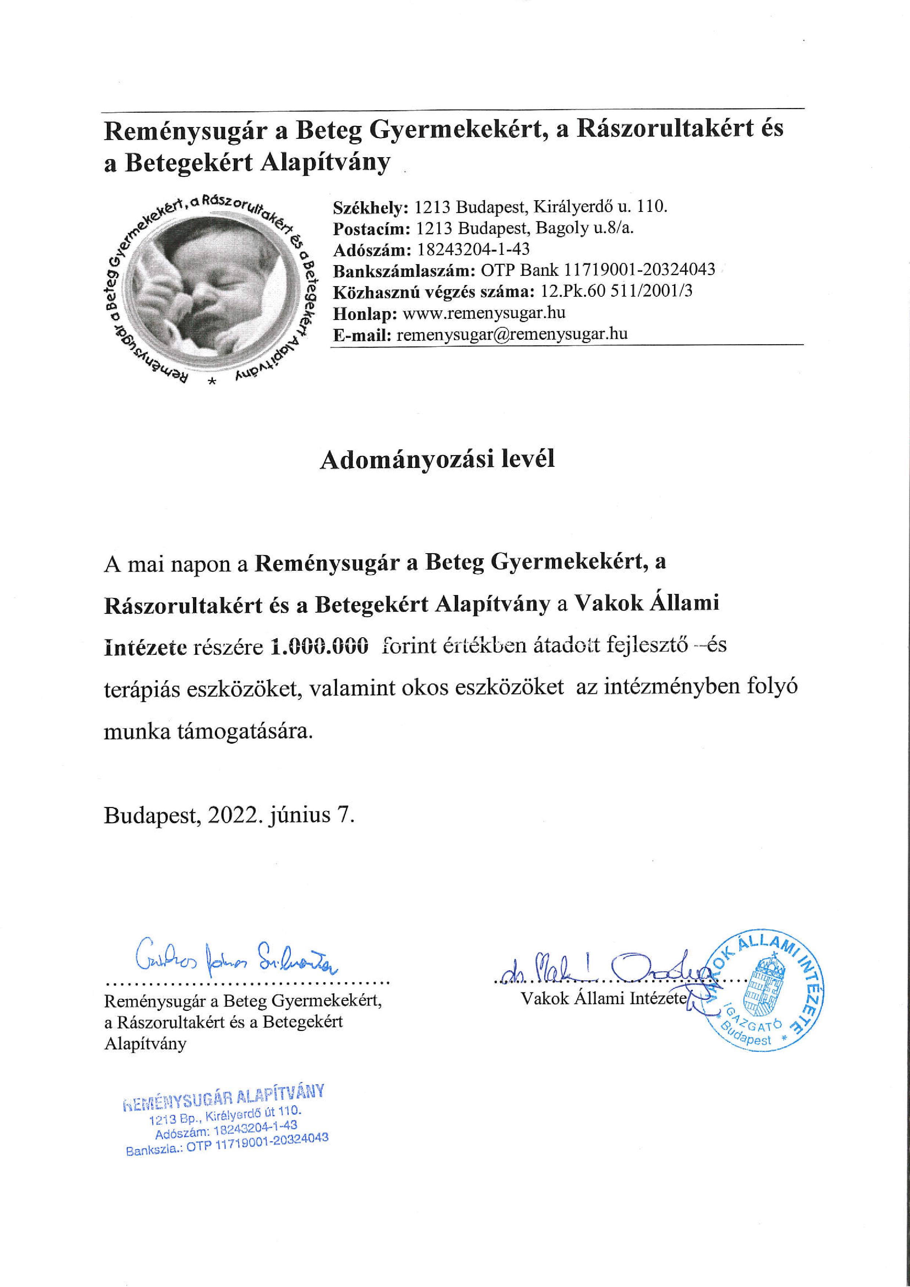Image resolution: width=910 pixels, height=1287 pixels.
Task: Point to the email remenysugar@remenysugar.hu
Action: click(512, 334)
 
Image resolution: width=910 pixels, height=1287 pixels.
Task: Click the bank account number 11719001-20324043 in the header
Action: click(639, 270)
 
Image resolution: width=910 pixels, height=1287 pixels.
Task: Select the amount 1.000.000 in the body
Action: click(319, 646)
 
